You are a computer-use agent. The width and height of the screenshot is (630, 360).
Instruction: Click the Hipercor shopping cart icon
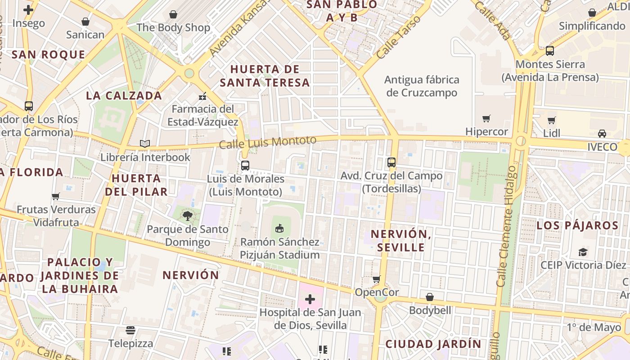pos(486,119)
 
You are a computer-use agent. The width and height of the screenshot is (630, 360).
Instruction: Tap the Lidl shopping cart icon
pos(552,120)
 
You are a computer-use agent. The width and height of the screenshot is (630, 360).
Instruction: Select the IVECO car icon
pos(602,134)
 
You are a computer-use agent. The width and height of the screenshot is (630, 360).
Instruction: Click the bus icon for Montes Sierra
pos(549,51)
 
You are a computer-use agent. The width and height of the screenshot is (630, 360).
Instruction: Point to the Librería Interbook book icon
pos(144,144)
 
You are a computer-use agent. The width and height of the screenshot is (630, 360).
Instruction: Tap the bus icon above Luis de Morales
pos(245,166)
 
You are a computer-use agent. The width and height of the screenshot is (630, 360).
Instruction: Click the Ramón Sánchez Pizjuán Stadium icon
pos(279,229)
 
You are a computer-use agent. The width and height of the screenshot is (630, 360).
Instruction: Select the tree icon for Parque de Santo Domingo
pos(188,216)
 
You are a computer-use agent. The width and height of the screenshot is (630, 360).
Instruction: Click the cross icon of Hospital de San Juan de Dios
pos(310,299)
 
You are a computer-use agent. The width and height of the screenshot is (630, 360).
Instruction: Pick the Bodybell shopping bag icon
pos(430,297)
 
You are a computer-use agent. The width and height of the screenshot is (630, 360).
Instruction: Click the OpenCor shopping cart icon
pos(377,279)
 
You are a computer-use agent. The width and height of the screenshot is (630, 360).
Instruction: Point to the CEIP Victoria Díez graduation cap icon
pos(583,252)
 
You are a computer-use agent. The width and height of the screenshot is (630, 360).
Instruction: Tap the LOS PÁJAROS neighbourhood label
pos(577,225)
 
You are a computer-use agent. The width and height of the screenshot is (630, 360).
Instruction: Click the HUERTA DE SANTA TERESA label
pos(265,76)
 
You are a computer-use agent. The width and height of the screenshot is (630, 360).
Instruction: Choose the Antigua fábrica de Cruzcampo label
pos(422,86)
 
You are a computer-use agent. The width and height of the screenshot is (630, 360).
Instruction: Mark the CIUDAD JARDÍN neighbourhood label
pos(433,344)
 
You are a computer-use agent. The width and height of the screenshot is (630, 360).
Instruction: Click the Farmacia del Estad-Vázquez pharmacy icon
pos(202,96)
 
